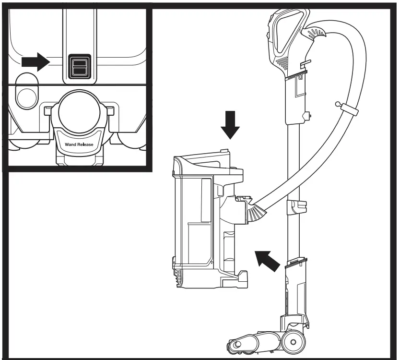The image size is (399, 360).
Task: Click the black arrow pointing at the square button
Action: click(36, 61)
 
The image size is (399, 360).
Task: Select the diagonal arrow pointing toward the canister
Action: click(267, 260)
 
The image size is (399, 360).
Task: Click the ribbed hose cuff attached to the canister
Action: click(258, 212)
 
